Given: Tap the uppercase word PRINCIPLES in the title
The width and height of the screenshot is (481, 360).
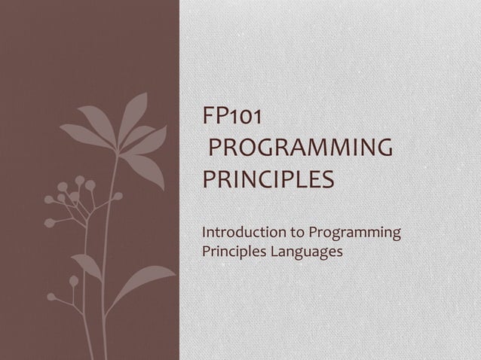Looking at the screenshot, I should [268, 182].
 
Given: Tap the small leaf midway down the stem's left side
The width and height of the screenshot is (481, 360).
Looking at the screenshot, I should [85, 265].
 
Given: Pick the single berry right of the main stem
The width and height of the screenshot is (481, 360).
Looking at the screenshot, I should [118, 197].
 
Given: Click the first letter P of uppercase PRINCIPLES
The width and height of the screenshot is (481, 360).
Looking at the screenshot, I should [210, 182].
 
